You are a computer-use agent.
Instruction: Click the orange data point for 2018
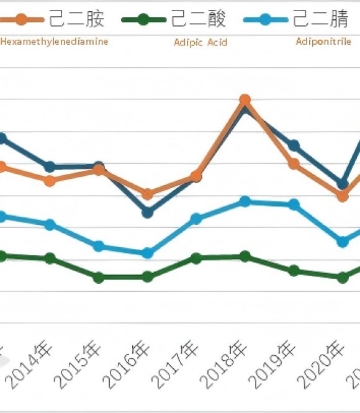245,99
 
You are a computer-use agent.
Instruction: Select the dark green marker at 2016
147,277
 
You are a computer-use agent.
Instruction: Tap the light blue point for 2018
245,201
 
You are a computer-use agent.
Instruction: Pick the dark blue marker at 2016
147,212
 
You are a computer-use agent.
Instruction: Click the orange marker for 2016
147,194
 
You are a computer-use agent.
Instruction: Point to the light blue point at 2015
99,247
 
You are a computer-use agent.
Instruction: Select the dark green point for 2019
294,271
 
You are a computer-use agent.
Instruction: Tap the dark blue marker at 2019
294,146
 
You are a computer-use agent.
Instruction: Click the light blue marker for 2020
342,242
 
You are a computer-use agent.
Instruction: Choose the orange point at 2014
50,181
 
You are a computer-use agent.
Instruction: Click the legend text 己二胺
77,19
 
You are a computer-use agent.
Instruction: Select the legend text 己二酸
198,19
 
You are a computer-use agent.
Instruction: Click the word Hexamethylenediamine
55,42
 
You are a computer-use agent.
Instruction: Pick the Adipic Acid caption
201,43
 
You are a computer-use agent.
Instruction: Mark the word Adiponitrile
323,42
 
